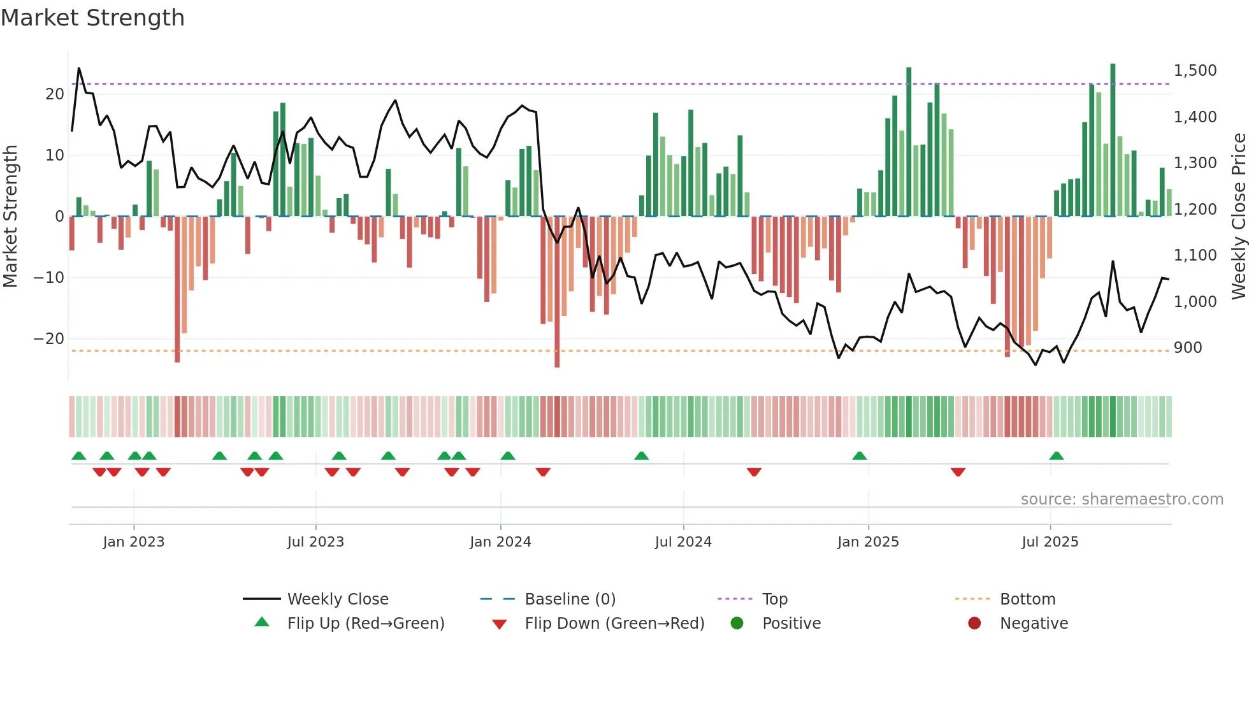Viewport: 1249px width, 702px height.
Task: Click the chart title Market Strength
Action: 92,18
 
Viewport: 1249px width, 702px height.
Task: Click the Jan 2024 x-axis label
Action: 500,542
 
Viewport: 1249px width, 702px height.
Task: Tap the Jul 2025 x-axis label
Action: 1050,542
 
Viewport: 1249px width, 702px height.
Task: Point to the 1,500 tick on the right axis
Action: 1195,71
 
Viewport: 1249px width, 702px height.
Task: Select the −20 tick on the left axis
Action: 49,339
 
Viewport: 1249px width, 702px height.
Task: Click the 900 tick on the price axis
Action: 1188,348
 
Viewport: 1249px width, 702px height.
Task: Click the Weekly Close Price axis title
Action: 1238,217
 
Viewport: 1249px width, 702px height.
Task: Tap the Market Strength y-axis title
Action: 11,217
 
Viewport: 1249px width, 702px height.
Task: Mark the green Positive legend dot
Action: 737,624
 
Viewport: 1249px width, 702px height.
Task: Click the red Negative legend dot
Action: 974,624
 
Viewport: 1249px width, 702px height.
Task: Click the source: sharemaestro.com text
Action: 1122,499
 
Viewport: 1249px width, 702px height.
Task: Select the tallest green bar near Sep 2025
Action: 1113,140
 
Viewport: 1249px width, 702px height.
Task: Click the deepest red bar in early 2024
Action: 557,293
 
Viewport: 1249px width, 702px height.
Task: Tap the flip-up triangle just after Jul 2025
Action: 1057,456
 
